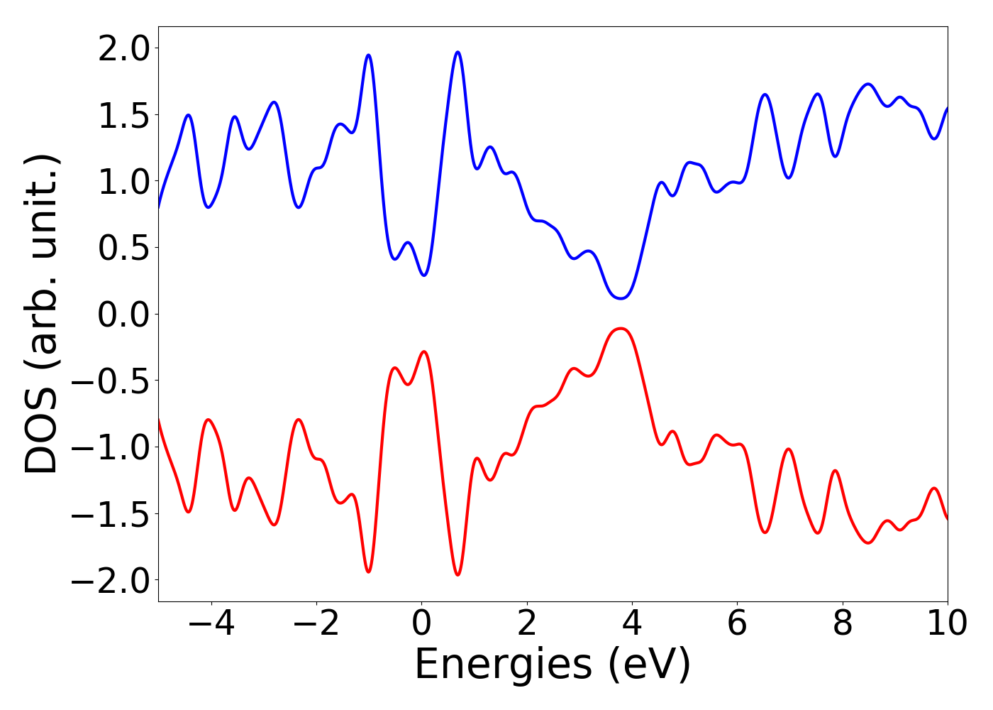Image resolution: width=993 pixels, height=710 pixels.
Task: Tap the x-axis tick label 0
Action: (421, 623)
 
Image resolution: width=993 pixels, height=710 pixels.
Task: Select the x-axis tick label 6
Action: (737, 623)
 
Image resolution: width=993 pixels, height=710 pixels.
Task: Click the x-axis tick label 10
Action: (947, 623)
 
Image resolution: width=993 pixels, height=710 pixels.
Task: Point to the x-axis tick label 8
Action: (842, 623)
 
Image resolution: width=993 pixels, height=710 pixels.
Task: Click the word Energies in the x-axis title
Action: (502, 665)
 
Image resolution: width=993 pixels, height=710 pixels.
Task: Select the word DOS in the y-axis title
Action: (43, 440)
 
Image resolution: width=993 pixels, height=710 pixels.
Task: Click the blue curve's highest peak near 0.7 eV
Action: (457, 52)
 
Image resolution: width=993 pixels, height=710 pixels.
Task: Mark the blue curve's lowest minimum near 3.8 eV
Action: (621, 298)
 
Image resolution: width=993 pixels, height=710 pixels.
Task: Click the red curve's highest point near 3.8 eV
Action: (621, 328)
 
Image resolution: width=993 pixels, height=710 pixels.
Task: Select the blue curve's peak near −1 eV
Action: (368, 55)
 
